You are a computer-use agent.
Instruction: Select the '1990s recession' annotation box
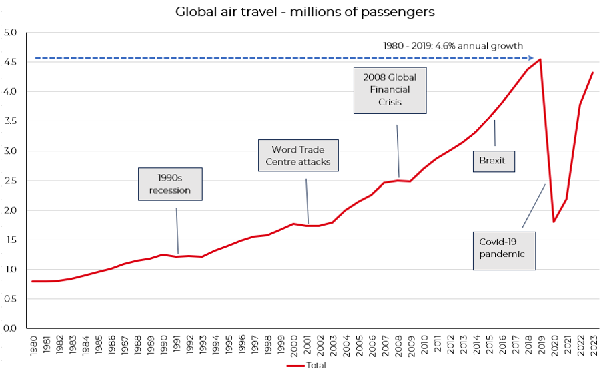[x=169, y=184]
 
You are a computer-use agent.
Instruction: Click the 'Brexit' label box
[x=493, y=161]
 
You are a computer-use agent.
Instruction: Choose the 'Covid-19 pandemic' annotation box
[x=504, y=248]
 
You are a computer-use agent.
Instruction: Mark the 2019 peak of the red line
[x=540, y=59]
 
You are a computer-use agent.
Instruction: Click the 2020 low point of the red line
[x=553, y=222]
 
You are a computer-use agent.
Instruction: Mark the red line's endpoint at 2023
[x=592, y=73]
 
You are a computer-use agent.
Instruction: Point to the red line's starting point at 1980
[x=33, y=281]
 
